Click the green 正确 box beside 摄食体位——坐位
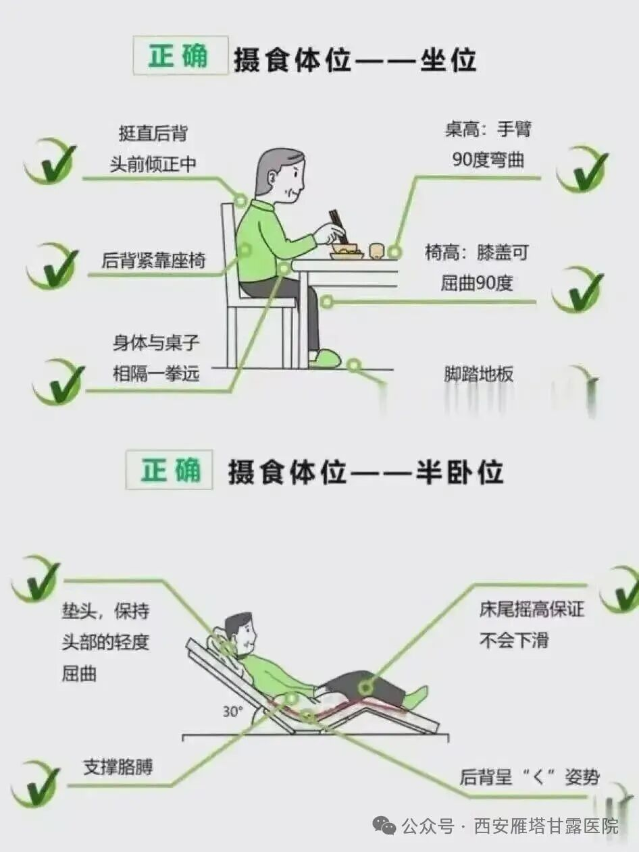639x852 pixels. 180,55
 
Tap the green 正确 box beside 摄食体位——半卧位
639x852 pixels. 169,469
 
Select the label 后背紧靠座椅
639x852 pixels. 153,260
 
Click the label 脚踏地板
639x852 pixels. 479,374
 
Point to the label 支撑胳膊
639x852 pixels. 118,767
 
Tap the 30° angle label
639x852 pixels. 232,711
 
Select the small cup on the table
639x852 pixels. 376,250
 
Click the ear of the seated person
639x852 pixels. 272,178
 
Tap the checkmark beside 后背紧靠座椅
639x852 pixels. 52,266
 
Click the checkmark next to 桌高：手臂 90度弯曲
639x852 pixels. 582,169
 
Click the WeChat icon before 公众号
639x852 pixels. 384,824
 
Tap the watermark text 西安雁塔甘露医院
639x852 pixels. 546,825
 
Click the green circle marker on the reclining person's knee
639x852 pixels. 365,689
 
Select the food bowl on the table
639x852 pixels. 347,250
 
